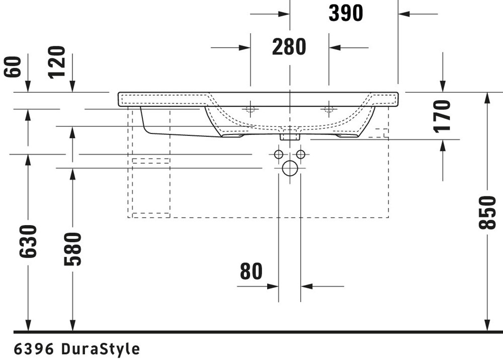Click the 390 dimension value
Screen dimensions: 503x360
point(346,13)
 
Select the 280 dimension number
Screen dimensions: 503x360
point(289,47)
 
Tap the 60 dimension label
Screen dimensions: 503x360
point(13,67)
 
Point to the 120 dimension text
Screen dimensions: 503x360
point(57,62)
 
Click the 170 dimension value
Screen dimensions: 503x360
point(442,116)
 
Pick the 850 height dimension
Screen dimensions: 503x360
point(487,212)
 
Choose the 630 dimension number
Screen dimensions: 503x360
point(28,242)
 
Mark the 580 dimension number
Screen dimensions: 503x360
point(72,249)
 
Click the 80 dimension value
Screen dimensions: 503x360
point(251,271)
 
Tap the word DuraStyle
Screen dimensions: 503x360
point(101,349)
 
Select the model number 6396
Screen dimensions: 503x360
point(34,349)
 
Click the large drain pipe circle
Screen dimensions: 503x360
point(290,168)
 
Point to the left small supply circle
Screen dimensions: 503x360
point(279,155)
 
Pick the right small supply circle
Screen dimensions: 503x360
point(301,155)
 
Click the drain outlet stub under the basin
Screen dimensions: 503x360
point(290,136)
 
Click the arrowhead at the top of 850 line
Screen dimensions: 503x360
point(487,98)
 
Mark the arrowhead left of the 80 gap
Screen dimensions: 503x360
point(273,286)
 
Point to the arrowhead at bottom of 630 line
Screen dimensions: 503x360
point(28,325)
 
